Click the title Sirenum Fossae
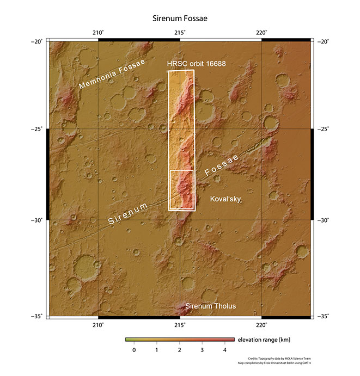pos(180,19)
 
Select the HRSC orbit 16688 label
pos(197,64)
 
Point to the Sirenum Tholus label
pos(211,306)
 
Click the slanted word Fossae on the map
pos(222,166)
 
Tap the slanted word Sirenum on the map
pos(129,214)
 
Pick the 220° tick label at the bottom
pos(261,325)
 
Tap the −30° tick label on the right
pos(323,220)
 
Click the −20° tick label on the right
pos(323,41)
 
